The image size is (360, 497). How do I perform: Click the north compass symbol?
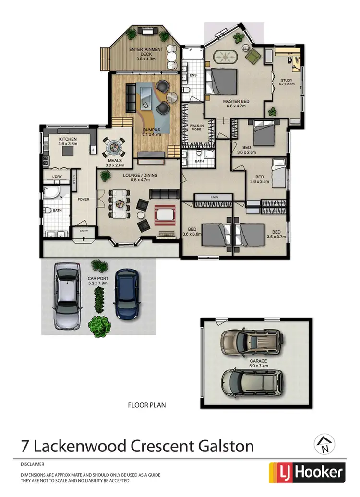click(x=324, y=445)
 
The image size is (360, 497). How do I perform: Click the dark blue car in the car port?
click(x=127, y=294)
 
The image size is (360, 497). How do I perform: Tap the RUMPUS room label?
click(x=151, y=130)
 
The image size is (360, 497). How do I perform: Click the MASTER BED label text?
click(x=235, y=102)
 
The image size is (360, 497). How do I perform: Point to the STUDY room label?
click(x=286, y=81)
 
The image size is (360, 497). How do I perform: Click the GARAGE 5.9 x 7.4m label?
click(x=258, y=362)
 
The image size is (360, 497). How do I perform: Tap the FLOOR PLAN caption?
click(x=146, y=405)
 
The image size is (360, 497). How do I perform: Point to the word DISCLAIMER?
click(x=33, y=464)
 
